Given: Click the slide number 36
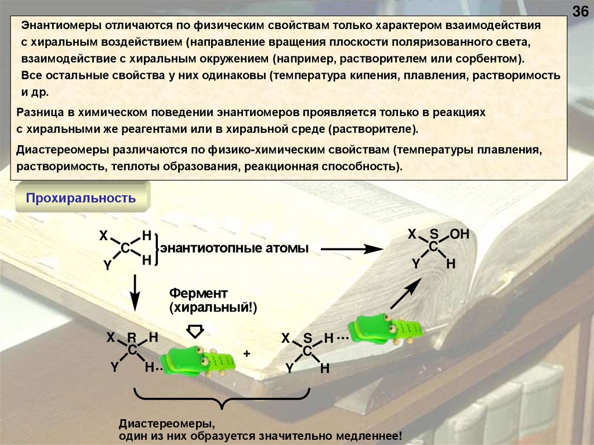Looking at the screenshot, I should pyautogui.click(x=581, y=12).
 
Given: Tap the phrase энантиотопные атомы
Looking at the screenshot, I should pyautogui.click(x=234, y=248).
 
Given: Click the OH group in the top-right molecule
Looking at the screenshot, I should pyautogui.click(x=459, y=234).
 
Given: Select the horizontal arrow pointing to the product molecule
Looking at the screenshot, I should pyautogui.click(x=352, y=248).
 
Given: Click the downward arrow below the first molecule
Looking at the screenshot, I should pyautogui.click(x=135, y=294).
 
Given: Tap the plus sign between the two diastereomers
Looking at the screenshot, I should pyautogui.click(x=247, y=353).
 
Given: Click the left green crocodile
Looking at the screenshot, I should pyautogui.click(x=198, y=361).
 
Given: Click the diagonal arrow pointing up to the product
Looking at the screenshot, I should pyautogui.click(x=406, y=294).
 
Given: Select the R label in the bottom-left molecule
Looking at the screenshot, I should pyautogui.click(x=132, y=338).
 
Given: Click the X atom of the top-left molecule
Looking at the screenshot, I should pyautogui.click(x=103, y=236).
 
